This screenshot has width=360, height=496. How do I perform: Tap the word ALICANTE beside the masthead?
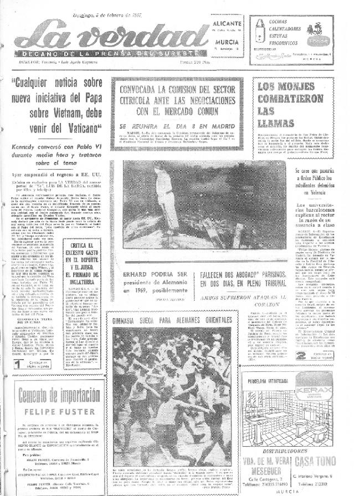point(227,24)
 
